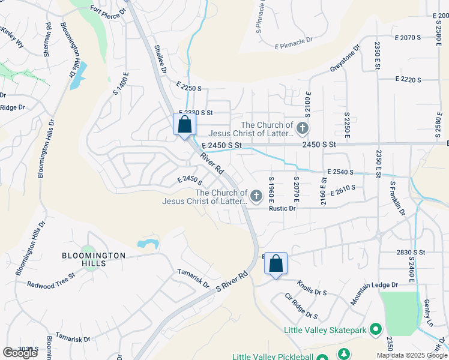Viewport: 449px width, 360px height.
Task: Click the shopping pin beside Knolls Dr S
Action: tap(276, 263)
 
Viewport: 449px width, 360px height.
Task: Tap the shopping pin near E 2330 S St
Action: tap(185, 125)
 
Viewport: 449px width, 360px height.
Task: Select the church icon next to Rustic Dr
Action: tap(256, 196)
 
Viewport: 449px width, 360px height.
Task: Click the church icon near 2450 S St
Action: tap(303, 128)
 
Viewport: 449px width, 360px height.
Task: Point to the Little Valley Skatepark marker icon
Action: tap(376, 329)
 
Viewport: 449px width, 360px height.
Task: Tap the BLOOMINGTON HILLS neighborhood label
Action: tap(94, 256)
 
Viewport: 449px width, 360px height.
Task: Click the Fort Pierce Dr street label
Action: tap(109, 10)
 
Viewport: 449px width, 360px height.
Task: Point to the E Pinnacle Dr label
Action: tap(294, 43)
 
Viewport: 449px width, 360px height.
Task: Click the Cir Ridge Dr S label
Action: tap(301, 306)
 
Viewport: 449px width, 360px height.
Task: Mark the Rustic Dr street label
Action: tap(282, 208)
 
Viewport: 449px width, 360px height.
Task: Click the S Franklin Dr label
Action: tap(398, 199)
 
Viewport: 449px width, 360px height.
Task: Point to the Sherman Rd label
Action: tap(47, 40)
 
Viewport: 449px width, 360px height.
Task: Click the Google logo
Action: tap(20, 353)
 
